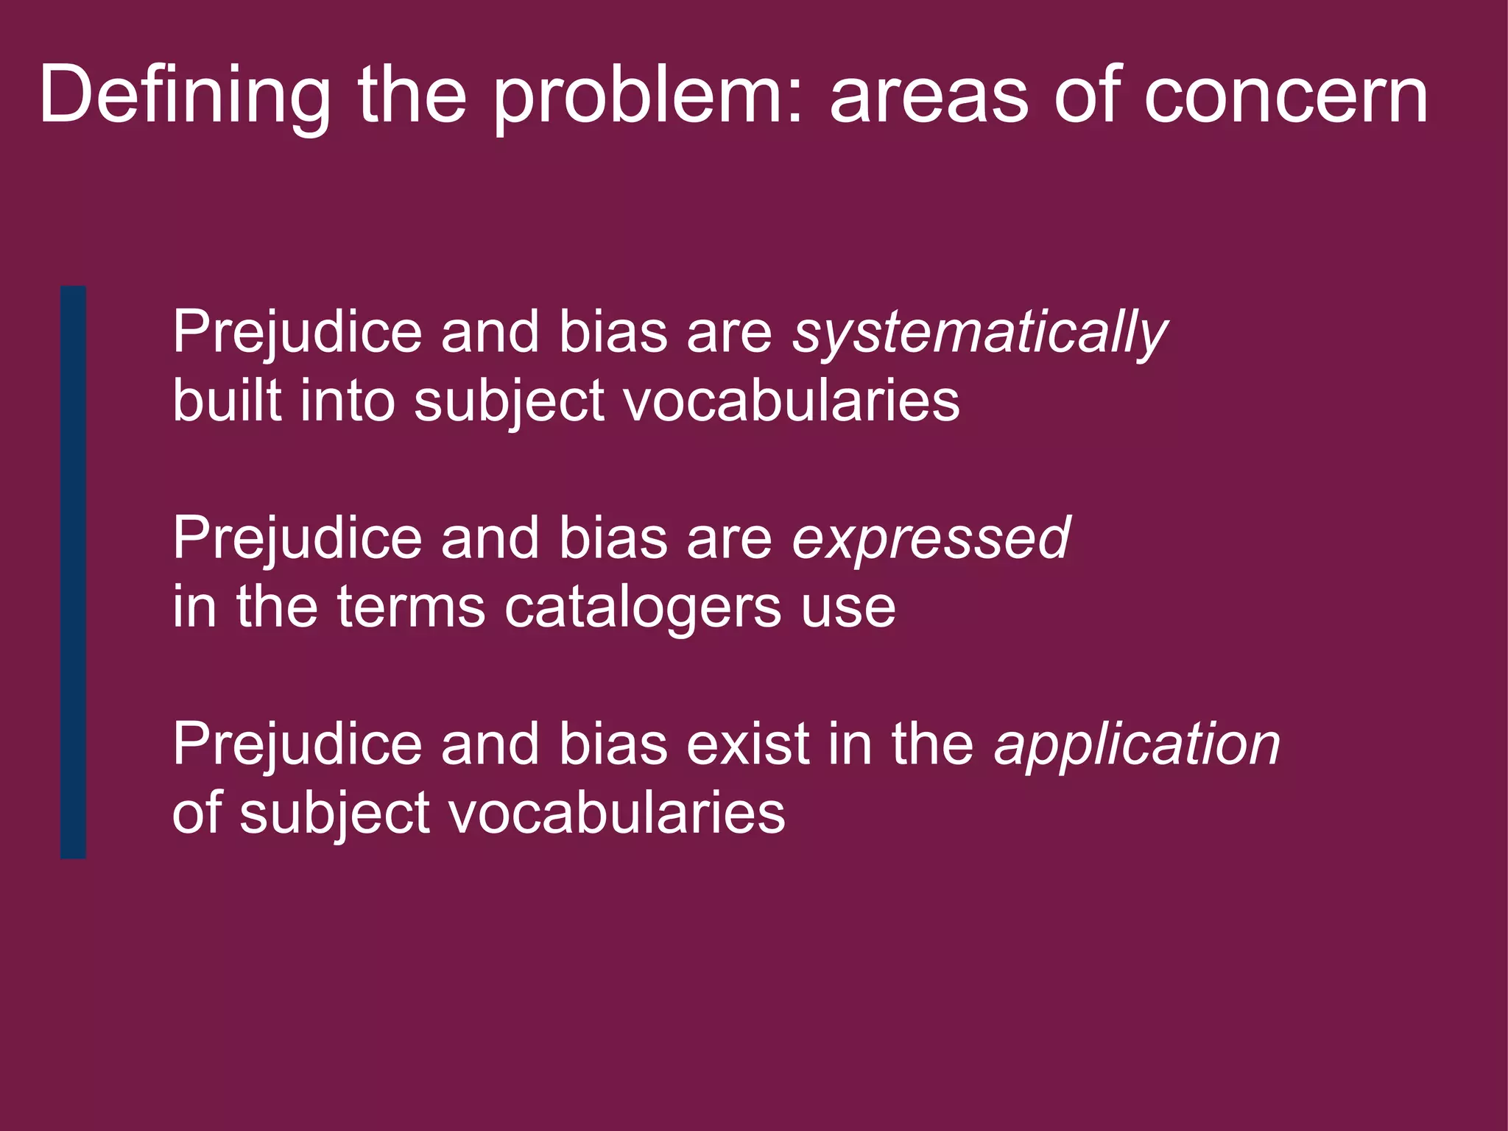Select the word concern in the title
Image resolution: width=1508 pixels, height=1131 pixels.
pos(1286,96)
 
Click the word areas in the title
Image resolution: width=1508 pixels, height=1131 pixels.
pos(929,96)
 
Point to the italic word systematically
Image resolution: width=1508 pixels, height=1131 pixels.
pos(980,333)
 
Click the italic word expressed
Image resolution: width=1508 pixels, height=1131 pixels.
pos(931,539)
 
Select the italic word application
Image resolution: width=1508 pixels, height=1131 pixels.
pos(1137,745)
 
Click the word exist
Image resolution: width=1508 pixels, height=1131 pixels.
pos(748,745)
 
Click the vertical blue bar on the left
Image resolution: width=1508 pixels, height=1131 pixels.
pos(73,571)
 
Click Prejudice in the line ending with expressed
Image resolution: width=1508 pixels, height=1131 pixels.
pos(297,539)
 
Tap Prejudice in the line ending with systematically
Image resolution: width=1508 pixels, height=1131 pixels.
pos(297,333)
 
